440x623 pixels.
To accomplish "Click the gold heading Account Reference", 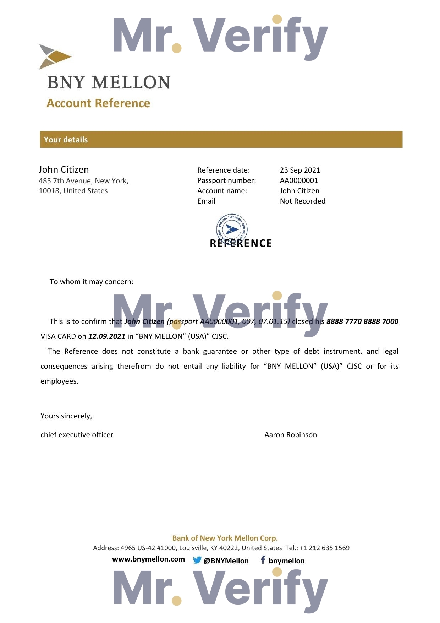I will (x=98, y=103).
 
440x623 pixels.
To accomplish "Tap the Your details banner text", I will (x=66, y=140).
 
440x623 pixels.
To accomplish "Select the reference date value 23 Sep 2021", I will (x=300, y=170).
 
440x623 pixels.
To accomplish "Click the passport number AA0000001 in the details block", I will (x=299, y=180).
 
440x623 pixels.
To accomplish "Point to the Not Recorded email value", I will (x=302, y=201).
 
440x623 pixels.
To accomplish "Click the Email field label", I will (x=206, y=201).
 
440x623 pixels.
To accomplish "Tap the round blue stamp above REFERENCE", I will (x=232, y=228).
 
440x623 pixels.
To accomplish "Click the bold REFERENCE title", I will (x=241, y=244).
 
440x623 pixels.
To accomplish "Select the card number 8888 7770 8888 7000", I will (x=362, y=321).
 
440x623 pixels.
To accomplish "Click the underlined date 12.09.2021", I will (x=107, y=336).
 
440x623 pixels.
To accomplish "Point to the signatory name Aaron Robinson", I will (x=291, y=435).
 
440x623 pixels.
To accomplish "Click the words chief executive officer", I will (x=77, y=435).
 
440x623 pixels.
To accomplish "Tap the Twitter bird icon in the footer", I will (x=197, y=560).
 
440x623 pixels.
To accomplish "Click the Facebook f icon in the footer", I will (x=263, y=560).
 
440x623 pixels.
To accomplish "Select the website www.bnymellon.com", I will (x=148, y=559).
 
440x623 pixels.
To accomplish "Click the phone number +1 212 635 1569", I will (x=324, y=548).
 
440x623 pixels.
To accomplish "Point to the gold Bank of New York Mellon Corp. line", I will (x=225, y=538).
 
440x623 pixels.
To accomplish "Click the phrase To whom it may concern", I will (x=92, y=282).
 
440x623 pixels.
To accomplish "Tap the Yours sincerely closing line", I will (x=66, y=416).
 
